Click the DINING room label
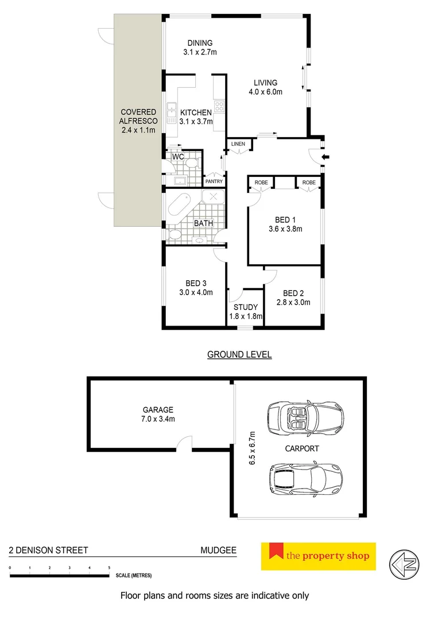coord(200,43)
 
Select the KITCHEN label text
coord(196,113)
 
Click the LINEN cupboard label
coord(238,144)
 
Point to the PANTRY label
coord(214,182)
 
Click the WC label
coord(177,156)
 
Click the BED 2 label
coord(293,292)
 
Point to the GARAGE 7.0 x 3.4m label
coord(158,414)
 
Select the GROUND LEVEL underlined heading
coord(239,355)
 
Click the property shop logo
coord(318,556)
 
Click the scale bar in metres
coord(60,575)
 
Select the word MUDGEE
coord(218,550)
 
